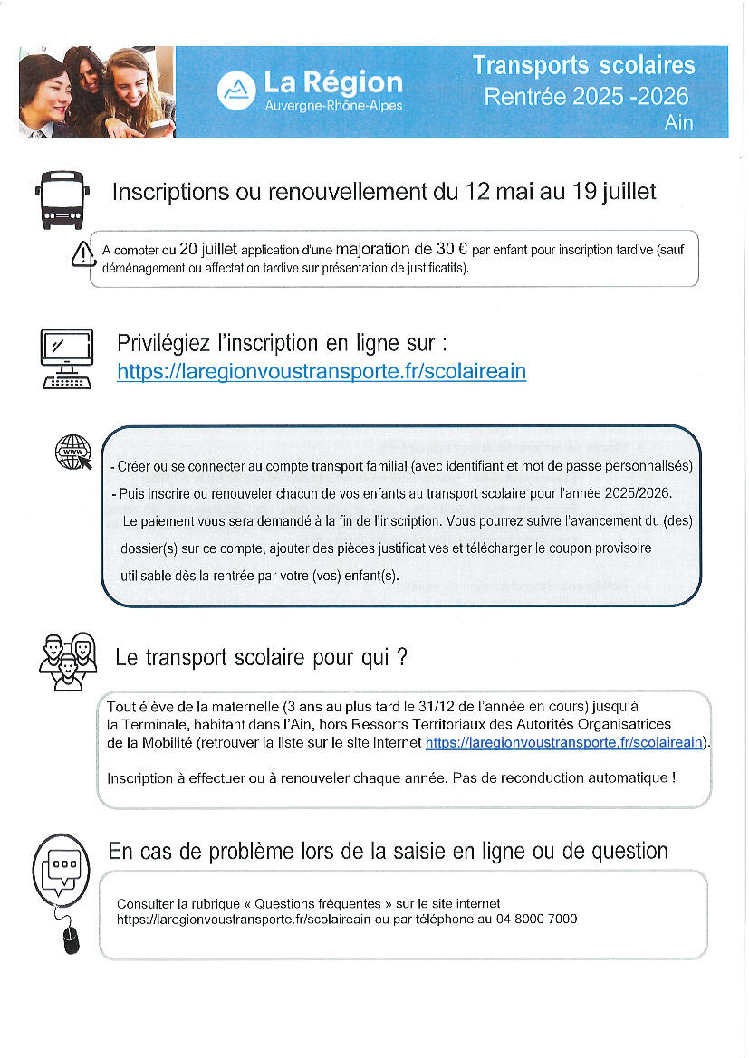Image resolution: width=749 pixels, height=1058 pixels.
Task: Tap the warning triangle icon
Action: pos(82,254)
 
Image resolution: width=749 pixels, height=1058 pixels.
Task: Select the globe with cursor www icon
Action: pos(73,452)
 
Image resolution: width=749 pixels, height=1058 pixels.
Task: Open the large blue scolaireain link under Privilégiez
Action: pos(322,371)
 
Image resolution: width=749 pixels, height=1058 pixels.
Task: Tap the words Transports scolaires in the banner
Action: pos(584,65)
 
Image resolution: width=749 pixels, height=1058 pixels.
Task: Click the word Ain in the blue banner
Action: pos(678,122)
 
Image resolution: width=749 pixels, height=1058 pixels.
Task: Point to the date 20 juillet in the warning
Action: pos(208,249)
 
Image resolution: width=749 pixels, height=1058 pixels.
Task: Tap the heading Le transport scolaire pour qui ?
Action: pos(261,658)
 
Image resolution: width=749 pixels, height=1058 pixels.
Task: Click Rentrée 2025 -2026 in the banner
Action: pos(586,96)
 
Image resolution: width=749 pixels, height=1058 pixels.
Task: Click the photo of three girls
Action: pos(96,91)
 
